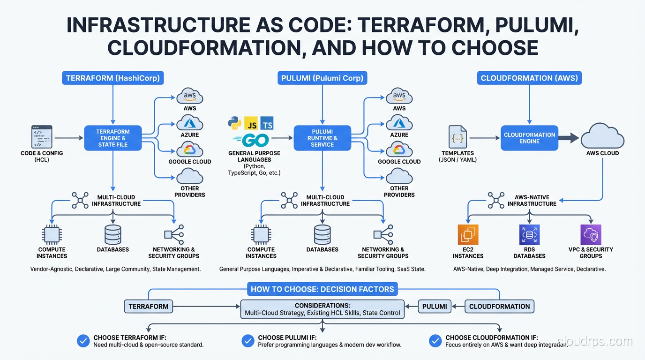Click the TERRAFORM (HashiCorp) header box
coord(112,78)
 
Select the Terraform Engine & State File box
coord(112,138)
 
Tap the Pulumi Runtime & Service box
coord(322,138)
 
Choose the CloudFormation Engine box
coord(529,138)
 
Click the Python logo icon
coord(235,123)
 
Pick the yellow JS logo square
coord(252,123)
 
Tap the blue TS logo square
coord(267,123)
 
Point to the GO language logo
coord(251,140)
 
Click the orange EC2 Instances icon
coord(468,235)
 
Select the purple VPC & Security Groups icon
coord(591,235)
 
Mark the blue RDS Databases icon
coord(529,235)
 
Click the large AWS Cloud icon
coord(602,136)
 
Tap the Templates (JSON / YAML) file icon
coord(457,137)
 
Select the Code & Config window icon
coord(42,137)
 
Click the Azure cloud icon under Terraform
coord(189,123)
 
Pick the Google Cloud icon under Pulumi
coord(399,150)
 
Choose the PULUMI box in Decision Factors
coord(435,307)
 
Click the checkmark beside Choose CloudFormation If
coord(435,341)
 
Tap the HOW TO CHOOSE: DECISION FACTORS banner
coord(322,289)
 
